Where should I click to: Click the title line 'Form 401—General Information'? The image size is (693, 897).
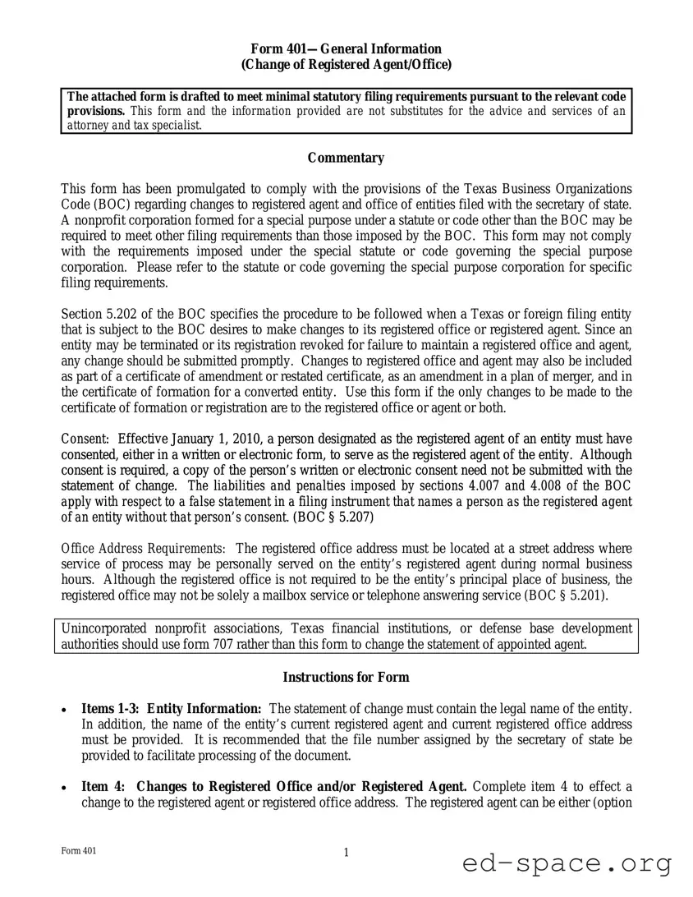(346, 49)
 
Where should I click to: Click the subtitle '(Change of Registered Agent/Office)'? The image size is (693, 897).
(346, 65)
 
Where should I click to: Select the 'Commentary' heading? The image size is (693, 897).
(346, 158)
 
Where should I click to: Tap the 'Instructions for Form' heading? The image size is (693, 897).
(346, 677)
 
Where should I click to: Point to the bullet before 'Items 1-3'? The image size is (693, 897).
(65, 709)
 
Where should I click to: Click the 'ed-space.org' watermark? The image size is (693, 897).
(567, 863)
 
